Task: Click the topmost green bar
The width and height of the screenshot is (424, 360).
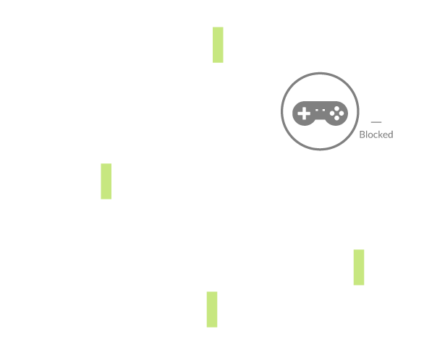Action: (x=218, y=45)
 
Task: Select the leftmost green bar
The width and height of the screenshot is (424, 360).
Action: (x=106, y=181)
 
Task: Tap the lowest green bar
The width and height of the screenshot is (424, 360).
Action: (x=212, y=309)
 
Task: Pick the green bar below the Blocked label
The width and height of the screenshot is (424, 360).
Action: (x=359, y=267)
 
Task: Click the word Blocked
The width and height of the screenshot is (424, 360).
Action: (x=376, y=134)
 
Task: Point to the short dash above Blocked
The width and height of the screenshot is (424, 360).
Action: (x=376, y=122)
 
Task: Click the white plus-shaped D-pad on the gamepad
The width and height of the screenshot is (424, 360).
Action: (x=304, y=113)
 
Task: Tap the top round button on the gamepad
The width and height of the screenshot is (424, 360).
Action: (x=336, y=109)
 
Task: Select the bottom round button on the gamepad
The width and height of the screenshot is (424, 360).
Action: (x=336, y=118)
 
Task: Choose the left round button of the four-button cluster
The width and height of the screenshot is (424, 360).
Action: (x=332, y=113)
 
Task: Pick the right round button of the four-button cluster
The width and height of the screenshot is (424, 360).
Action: (x=342, y=113)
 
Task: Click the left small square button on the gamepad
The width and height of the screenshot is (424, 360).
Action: (x=317, y=110)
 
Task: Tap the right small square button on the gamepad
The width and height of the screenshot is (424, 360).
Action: (x=323, y=110)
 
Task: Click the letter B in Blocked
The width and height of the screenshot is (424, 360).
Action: (x=362, y=134)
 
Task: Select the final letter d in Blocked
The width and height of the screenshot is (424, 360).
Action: (x=391, y=134)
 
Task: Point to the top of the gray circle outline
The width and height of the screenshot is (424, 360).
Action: (x=320, y=73)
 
